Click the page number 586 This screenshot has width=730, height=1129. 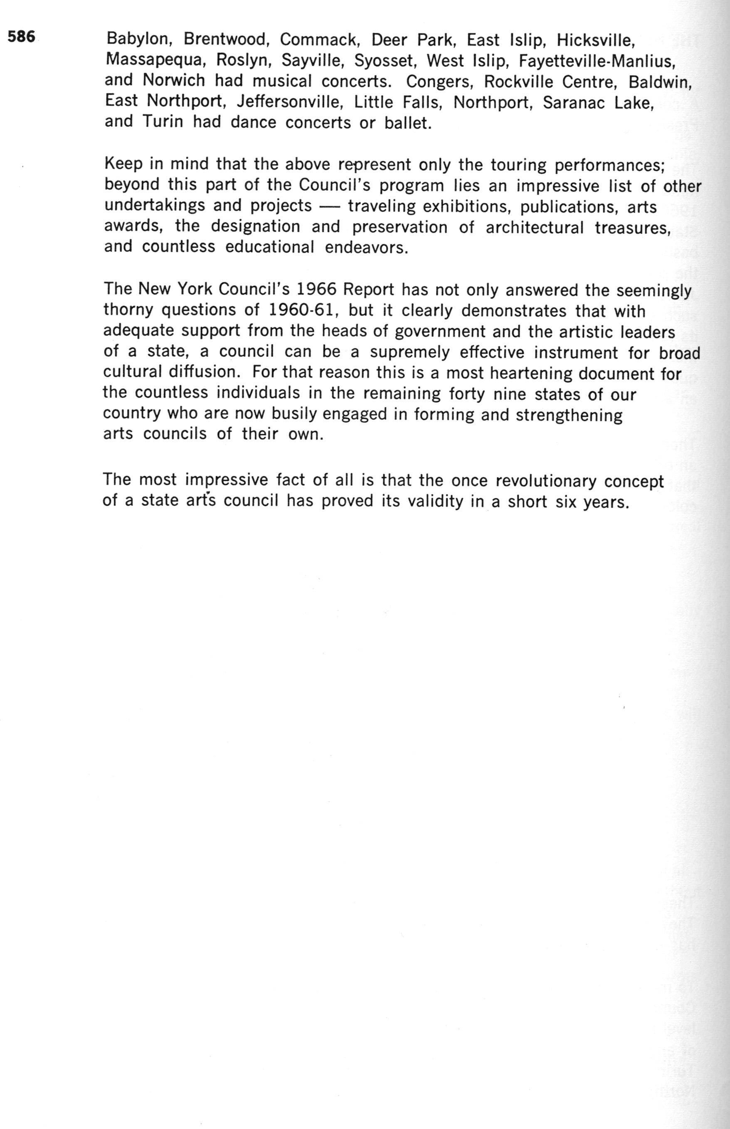click(x=21, y=37)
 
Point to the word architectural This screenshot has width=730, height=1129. click(x=534, y=227)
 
